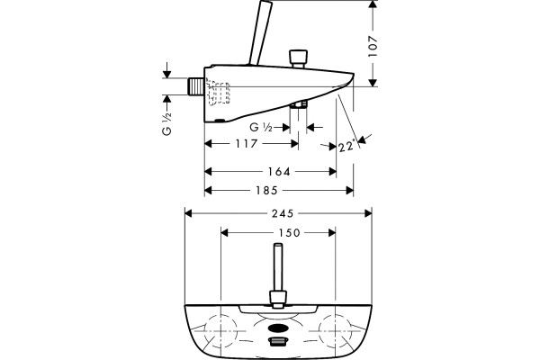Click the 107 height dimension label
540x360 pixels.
click(373, 46)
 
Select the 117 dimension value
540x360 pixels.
click(247, 143)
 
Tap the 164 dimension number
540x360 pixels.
click(279, 171)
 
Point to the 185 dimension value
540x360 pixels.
click(266, 190)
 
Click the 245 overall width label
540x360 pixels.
click(283, 213)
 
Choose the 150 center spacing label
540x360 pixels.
click(289, 233)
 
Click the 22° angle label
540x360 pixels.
click(346, 146)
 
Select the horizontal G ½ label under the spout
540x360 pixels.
click(261, 128)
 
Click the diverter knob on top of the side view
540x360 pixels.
click(298, 58)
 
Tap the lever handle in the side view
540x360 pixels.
click(260, 32)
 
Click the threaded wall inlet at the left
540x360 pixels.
click(196, 86)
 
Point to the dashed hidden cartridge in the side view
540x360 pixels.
click(218, 92)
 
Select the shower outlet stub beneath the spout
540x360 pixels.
click(299, 104)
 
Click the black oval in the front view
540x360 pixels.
click(277, 328)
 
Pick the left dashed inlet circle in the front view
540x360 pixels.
click(220, 330)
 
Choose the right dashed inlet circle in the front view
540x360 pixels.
click(335, 330)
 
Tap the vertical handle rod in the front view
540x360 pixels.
click(278, 267)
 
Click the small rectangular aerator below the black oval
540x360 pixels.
click(277, 341)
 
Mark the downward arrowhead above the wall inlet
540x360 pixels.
click(167, 74)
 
